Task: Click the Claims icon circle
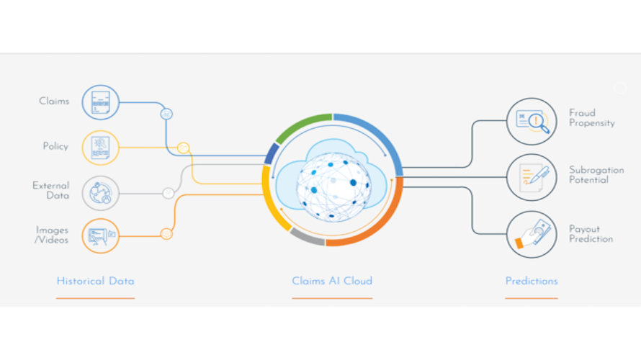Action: tap(100, 102)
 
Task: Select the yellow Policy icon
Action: tap(100, 148)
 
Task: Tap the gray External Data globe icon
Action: tap(100, 192)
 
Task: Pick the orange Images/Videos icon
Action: tap(100, 235)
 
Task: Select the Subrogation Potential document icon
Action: tap(532, 176)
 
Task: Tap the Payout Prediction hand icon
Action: tap(532, 234)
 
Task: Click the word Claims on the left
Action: tap(54, 102)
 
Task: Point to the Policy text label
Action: tap(55, 146)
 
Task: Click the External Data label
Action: tap(51, 190)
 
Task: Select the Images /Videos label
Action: tap(53, 235)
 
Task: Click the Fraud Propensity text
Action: tap(591, 118)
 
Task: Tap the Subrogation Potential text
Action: tap(596, 175)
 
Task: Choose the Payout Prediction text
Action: tap(591, 234)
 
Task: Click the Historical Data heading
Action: tap(95, 281)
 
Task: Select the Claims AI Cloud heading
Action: tap(332, 281)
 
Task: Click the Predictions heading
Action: tap(532, 281)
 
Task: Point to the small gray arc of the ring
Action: tap(307, 237)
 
